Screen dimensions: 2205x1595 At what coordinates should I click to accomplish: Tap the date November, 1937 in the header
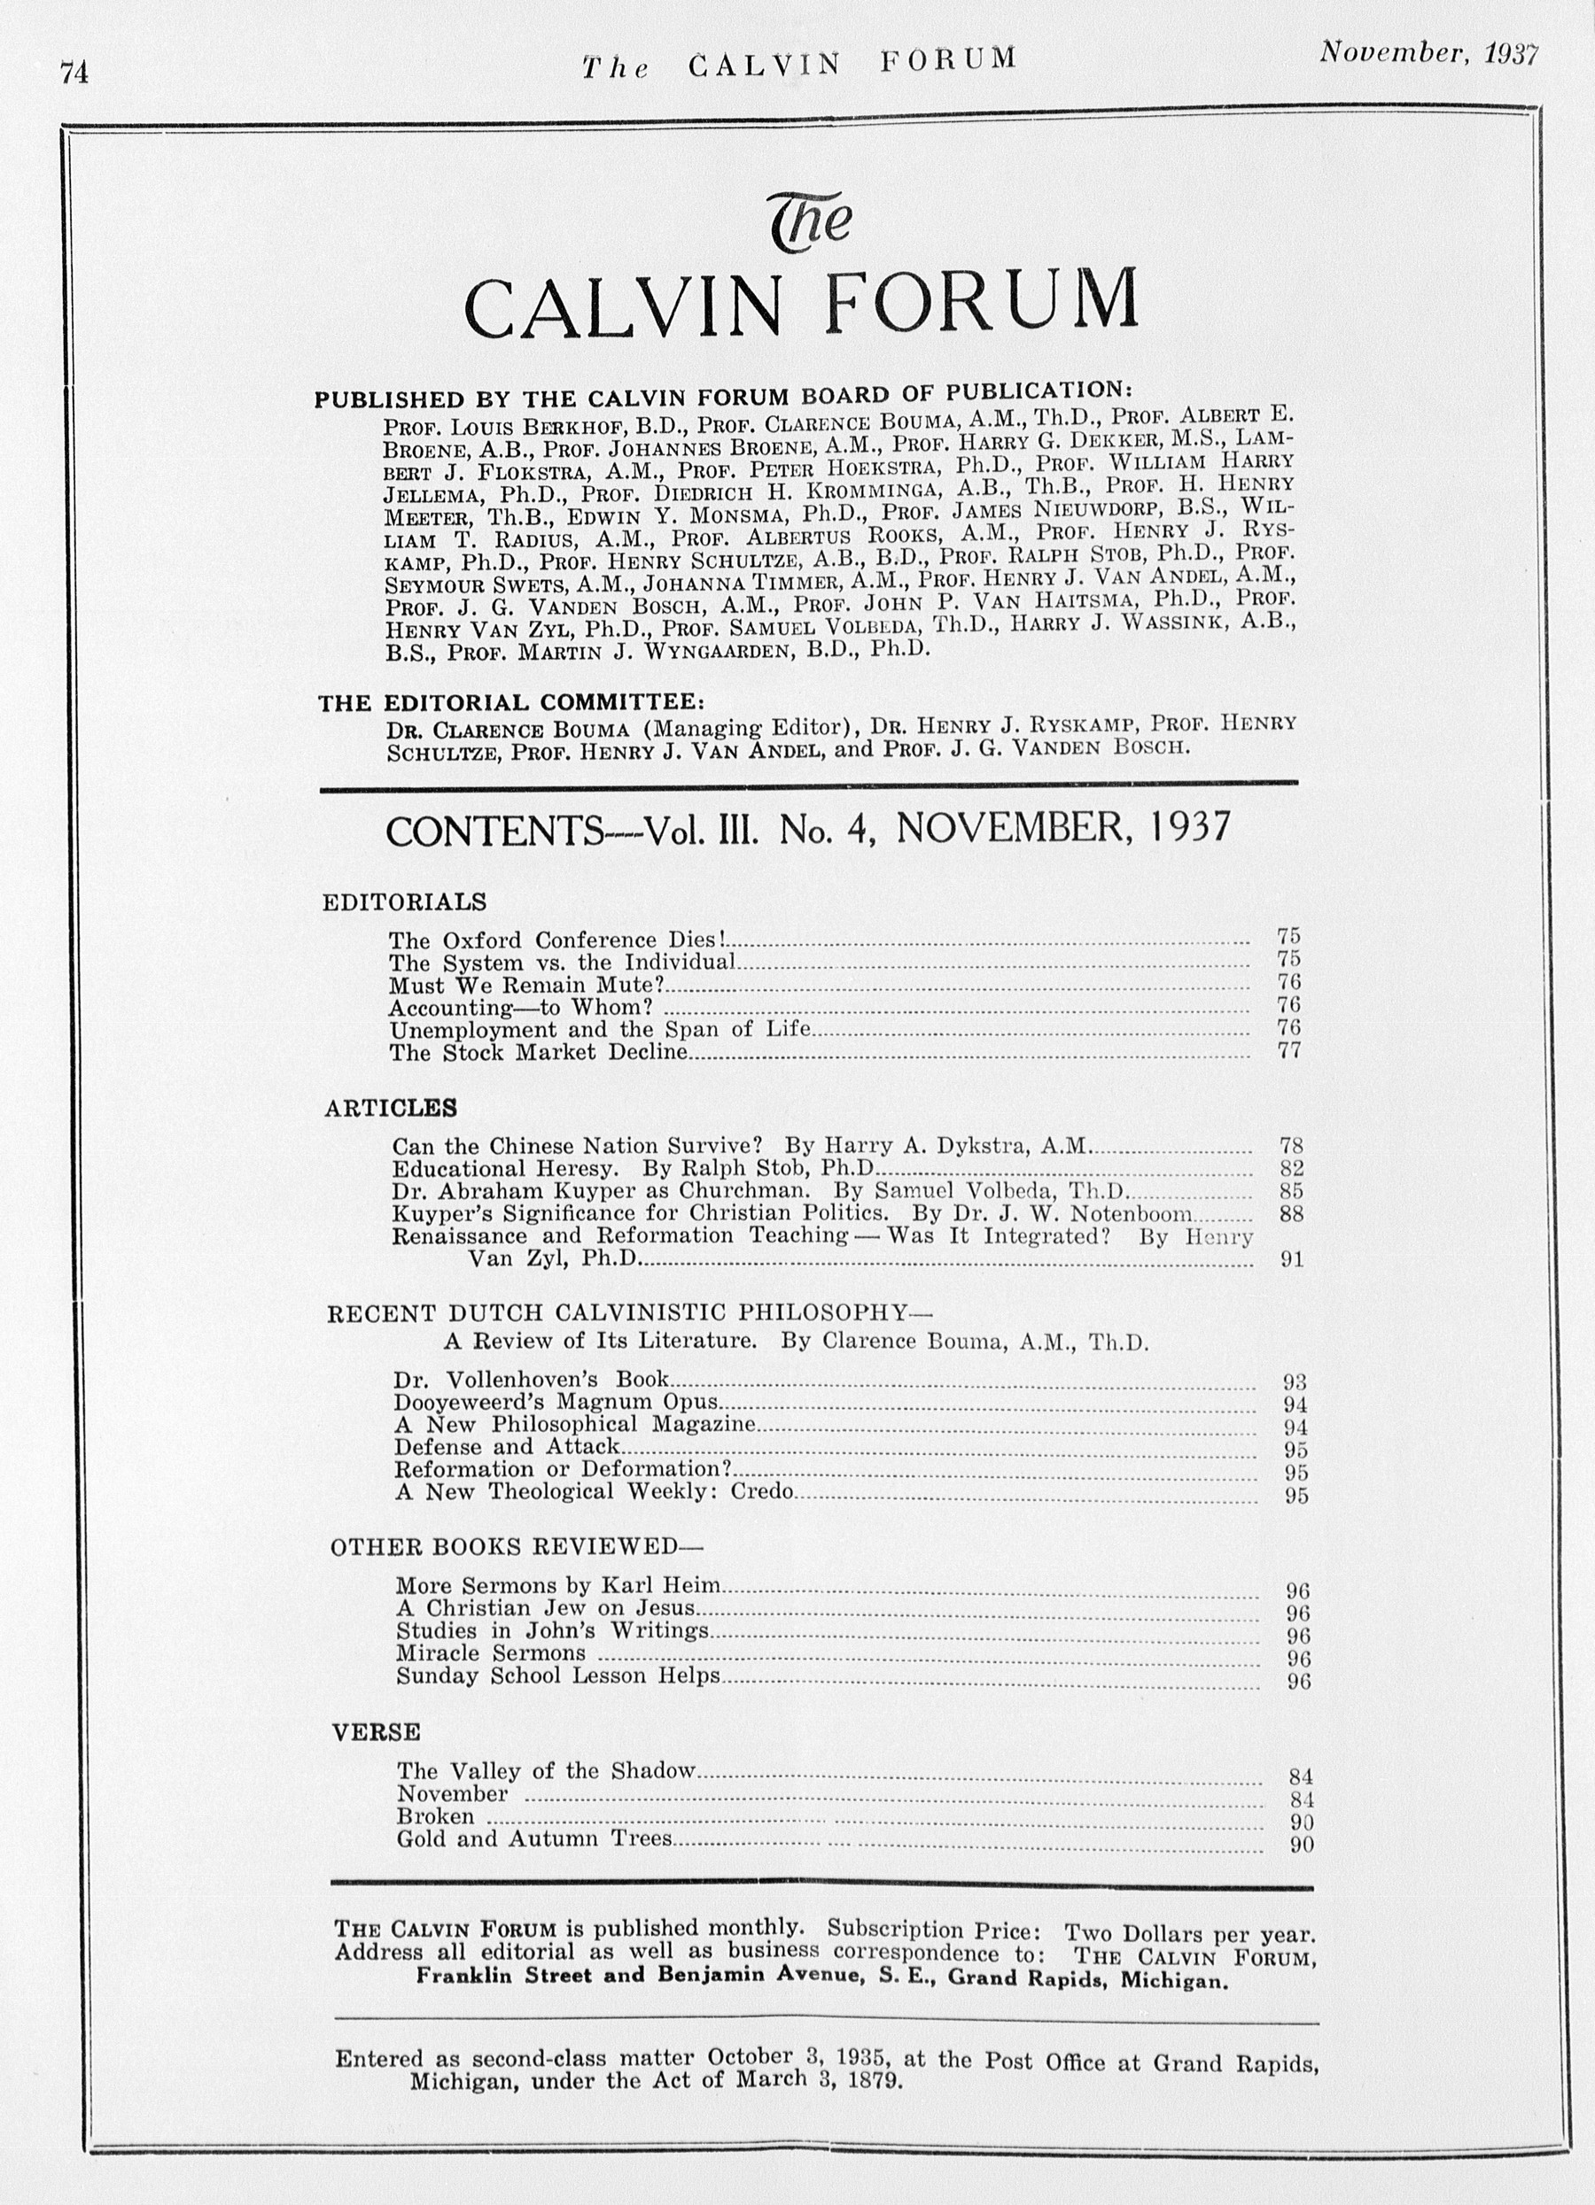coord(1428,53)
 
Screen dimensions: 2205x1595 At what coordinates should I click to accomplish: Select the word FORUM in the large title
coord(980,301)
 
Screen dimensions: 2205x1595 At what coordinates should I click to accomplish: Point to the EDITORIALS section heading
coord(403,901)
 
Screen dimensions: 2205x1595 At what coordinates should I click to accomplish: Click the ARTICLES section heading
coord(390,1109)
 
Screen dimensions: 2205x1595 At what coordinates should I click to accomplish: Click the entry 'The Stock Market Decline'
coord(539,1052)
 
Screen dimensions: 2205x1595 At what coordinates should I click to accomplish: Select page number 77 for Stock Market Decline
coord(1288,1051)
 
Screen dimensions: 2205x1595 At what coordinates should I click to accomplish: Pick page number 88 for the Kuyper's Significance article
coord(1292,1214)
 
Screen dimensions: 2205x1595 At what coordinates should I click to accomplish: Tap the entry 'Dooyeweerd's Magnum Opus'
coord(556,1402)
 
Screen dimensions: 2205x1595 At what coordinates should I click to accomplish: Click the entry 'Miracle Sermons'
coord(490,1652)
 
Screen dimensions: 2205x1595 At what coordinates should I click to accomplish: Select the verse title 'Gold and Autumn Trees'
coord(534,1838)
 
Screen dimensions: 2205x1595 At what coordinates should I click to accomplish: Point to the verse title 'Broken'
coord(435,1816)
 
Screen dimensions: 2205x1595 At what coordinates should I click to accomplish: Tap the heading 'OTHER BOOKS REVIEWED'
coord(516,1547)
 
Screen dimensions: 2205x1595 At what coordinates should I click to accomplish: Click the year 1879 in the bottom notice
coord(869,2080)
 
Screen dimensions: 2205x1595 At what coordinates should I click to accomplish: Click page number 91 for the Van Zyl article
coord(1292,1260)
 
